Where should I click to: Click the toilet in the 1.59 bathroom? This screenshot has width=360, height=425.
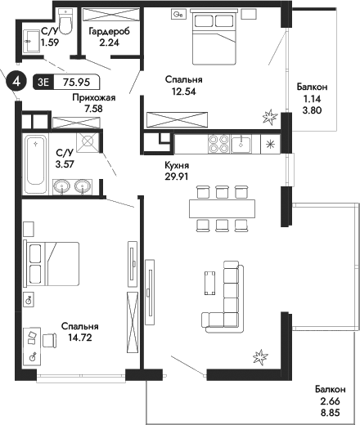pos(68,23)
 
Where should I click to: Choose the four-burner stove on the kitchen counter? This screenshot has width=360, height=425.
pos(219,144)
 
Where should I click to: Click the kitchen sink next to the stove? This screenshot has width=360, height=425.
pos(241,144)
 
